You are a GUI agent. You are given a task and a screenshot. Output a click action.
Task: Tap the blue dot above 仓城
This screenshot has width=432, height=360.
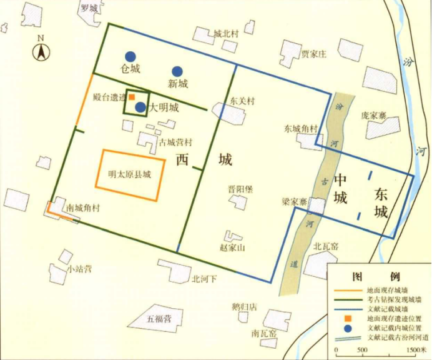(130, 56)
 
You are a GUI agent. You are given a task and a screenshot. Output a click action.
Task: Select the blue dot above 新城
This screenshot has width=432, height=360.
(177, 71)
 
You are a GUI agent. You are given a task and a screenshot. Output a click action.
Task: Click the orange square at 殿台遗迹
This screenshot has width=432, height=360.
(132, 97)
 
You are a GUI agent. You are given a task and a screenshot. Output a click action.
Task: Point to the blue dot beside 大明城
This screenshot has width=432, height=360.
(140, 107)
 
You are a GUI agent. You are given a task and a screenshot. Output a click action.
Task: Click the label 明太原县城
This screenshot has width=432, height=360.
(130, 175)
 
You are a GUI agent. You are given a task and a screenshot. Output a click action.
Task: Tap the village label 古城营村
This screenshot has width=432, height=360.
(175, 142)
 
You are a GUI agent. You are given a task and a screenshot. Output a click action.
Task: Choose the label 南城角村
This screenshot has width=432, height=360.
(82, 208)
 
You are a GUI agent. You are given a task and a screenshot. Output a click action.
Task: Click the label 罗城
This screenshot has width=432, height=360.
(89, 9)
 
